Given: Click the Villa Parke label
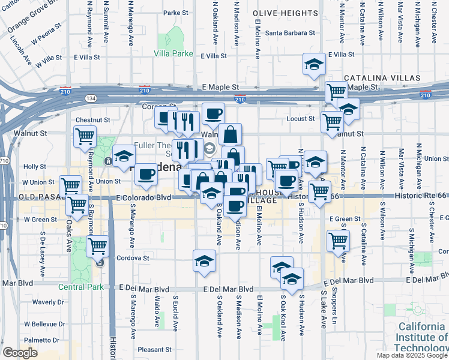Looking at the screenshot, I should (x=173, y=53).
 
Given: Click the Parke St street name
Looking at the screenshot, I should (x=176, y=13).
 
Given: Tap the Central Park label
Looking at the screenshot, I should (x=81, y=287).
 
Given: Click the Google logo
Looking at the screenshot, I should (x=20, y=352).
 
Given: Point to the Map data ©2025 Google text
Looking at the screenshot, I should (x=411, y=355).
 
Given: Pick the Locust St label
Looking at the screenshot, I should (x=302, y=119).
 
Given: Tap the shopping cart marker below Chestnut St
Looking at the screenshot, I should (x=85, y=136).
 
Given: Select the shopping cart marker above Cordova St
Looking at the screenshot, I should (x=98, y=245).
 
